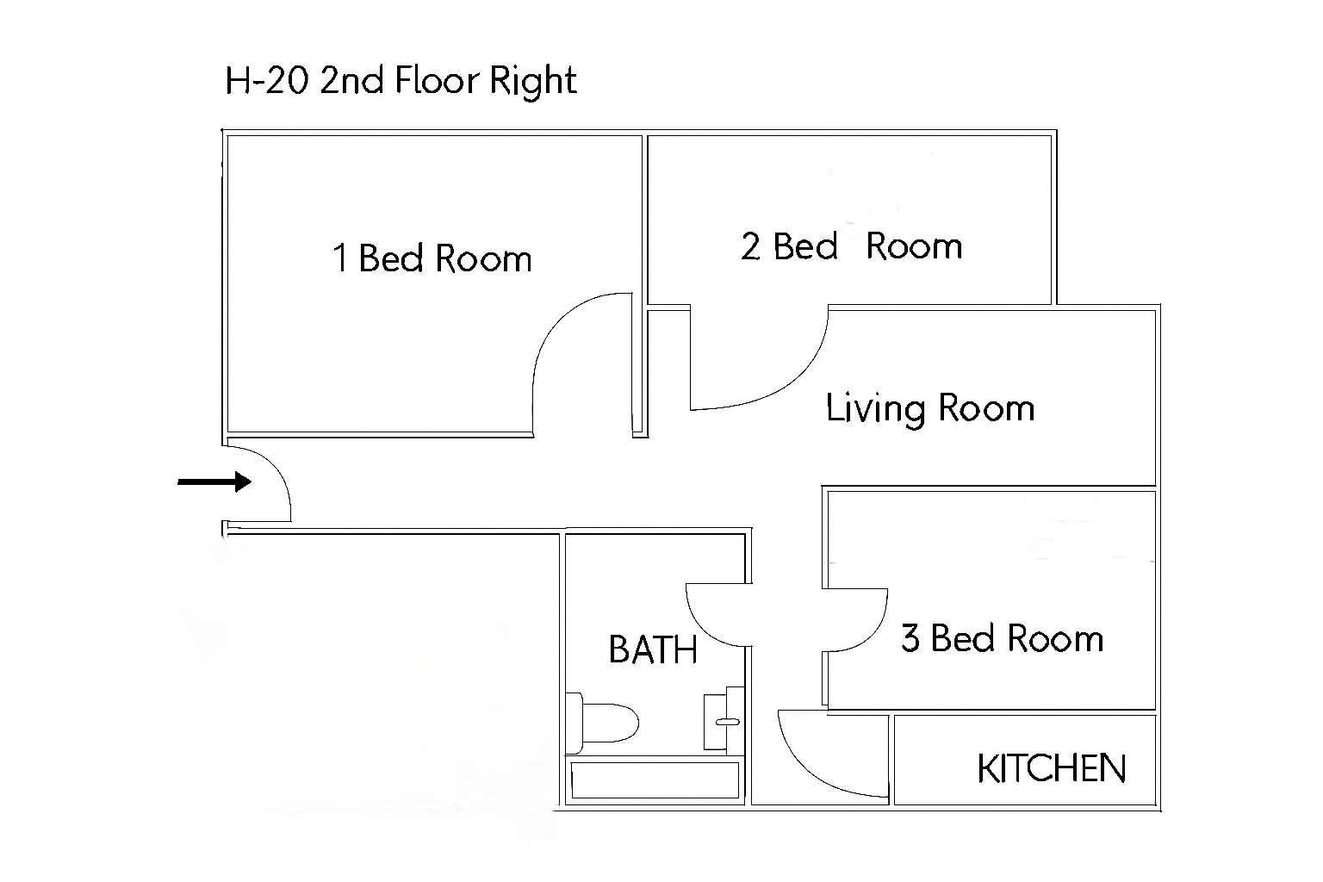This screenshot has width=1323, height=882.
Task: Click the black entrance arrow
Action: click(x=214, y=481)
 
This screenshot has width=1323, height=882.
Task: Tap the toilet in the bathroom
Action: click(x=602, y=723)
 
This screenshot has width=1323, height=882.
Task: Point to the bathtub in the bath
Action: click(x=655, y=780)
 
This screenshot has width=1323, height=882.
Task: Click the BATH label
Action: click(x=653, y=649)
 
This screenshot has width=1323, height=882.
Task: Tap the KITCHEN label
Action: click(x=1052, y=768)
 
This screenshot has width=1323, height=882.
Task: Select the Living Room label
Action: click(x=930, y=408)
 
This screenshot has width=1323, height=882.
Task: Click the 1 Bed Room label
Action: click(x=432, y=258)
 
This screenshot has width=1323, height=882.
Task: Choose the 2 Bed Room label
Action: click(x=852, y=245)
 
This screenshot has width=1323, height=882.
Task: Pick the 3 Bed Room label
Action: click(x=1003, y=638)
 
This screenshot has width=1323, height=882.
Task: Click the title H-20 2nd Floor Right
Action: click(x=401, y=81)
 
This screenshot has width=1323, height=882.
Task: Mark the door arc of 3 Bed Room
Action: click(x=875, y=632)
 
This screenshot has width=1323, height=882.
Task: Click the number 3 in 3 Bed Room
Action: click(x=910, y=638)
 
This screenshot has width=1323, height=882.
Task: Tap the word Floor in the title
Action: click(x=437, y=80)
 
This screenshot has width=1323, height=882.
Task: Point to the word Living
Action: click(x=875, y=409)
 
